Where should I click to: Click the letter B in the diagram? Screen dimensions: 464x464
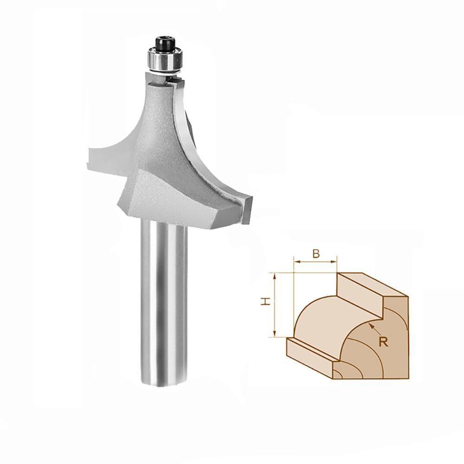(x=316, y=253)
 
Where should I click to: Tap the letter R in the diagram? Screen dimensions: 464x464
(x=383, y=342)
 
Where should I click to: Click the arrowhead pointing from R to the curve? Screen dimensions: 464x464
(x=370, y=326)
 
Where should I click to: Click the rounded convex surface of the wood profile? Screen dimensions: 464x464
(x=320, y=325)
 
